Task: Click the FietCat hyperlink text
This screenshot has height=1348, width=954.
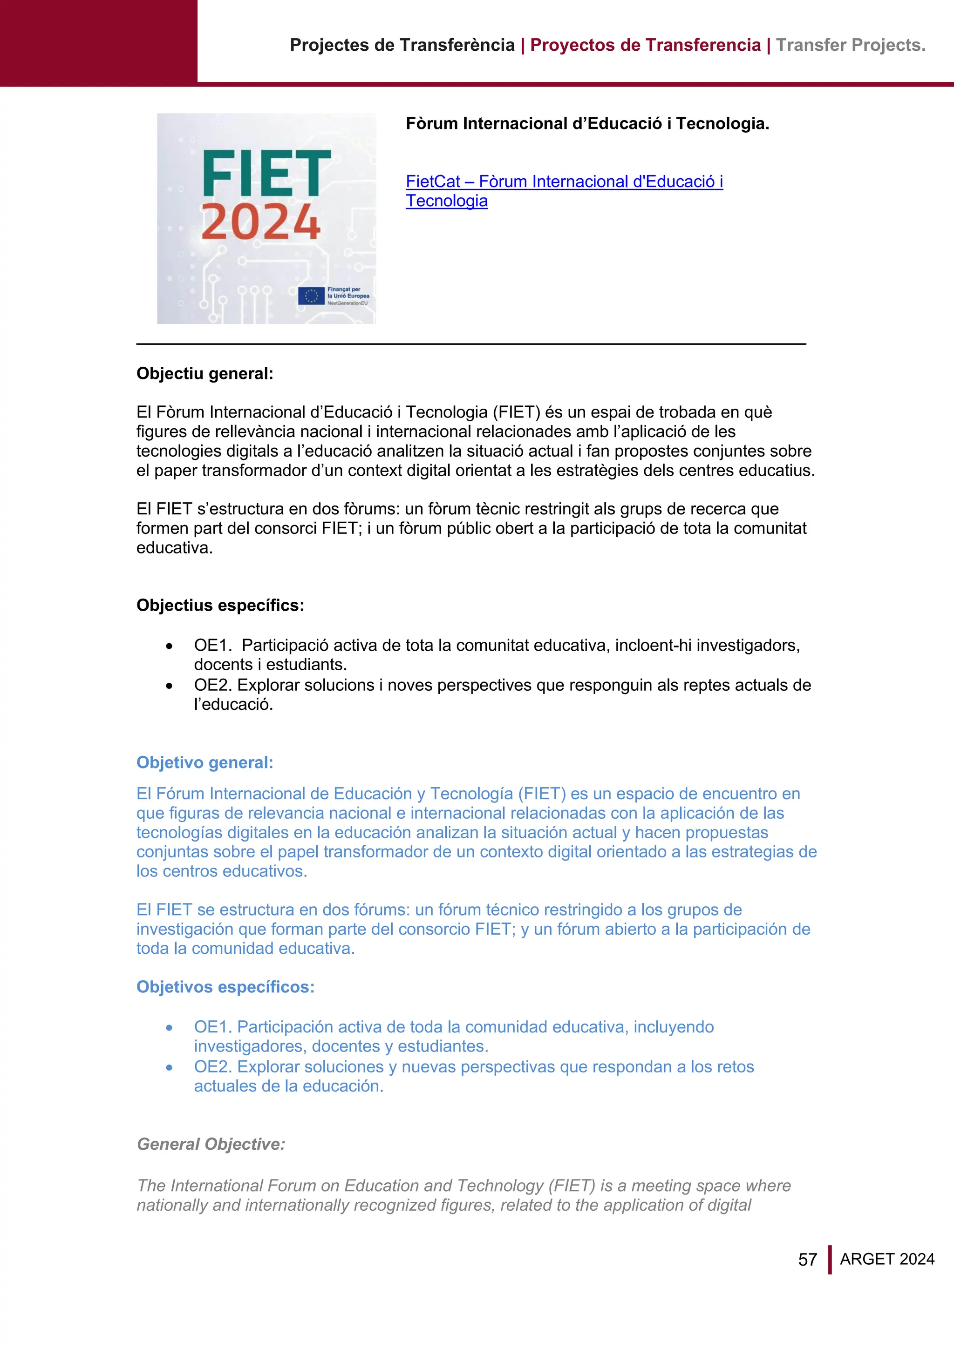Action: [x=564, y=182]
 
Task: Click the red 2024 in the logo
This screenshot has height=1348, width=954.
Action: [x=261, y=222]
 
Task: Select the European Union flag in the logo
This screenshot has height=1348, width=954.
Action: [x=311, y=296]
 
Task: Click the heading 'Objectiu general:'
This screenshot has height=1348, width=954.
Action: [x=205, y=373]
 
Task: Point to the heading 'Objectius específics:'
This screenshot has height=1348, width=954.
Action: [x=220, y=605]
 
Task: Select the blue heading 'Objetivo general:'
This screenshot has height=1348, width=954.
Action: [x=205, y=762]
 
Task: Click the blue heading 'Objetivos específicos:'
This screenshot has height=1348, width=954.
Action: [x=225, y=987]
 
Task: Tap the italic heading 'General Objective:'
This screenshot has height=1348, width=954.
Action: [x=211, y=1144]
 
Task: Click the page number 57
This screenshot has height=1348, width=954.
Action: [x=808, y=1260]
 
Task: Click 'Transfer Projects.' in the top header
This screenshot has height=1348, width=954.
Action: [x=851, y=45]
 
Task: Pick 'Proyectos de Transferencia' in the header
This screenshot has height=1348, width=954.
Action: [x=645, y=45]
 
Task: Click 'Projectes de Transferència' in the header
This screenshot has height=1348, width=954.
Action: [x=402, y=45]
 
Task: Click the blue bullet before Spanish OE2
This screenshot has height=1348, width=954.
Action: [x=169, y=1068]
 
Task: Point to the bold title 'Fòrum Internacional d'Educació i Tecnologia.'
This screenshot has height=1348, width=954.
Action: [x=587, y=124]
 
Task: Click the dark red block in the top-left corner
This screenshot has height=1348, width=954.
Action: [x=99, y=41]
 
